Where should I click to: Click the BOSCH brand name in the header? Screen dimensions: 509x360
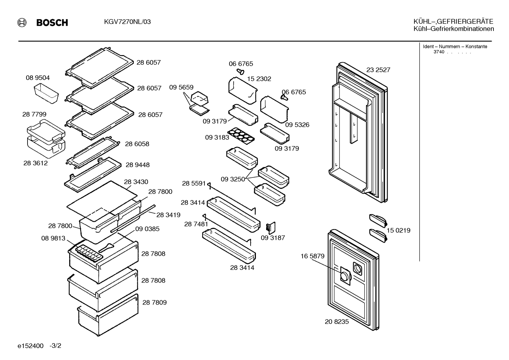52,23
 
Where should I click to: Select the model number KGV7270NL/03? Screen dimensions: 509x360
127,22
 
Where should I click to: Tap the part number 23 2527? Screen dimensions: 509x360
378,70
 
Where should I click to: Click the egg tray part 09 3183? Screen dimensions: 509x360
241,136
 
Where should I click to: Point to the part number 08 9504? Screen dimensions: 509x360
38,78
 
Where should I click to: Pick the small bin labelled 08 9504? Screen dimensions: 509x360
46,93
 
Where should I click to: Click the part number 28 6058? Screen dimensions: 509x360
137,144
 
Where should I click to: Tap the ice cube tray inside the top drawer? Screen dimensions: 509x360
89,253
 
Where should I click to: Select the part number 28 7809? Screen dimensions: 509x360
155,302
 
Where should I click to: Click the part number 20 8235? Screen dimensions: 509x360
337,321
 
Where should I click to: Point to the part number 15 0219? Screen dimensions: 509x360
399,230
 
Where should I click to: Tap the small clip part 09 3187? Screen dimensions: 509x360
271,228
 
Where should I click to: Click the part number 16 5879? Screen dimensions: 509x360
312,256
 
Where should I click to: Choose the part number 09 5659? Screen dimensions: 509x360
181,87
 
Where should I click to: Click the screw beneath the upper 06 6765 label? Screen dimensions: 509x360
240,72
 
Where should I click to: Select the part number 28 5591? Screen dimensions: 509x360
194,183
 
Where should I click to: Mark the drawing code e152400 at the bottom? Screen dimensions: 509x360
30,346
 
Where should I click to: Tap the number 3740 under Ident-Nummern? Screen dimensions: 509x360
439,52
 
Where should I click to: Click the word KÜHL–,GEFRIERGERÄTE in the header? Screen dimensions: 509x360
453,22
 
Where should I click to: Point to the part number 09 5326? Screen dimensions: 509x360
297,125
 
